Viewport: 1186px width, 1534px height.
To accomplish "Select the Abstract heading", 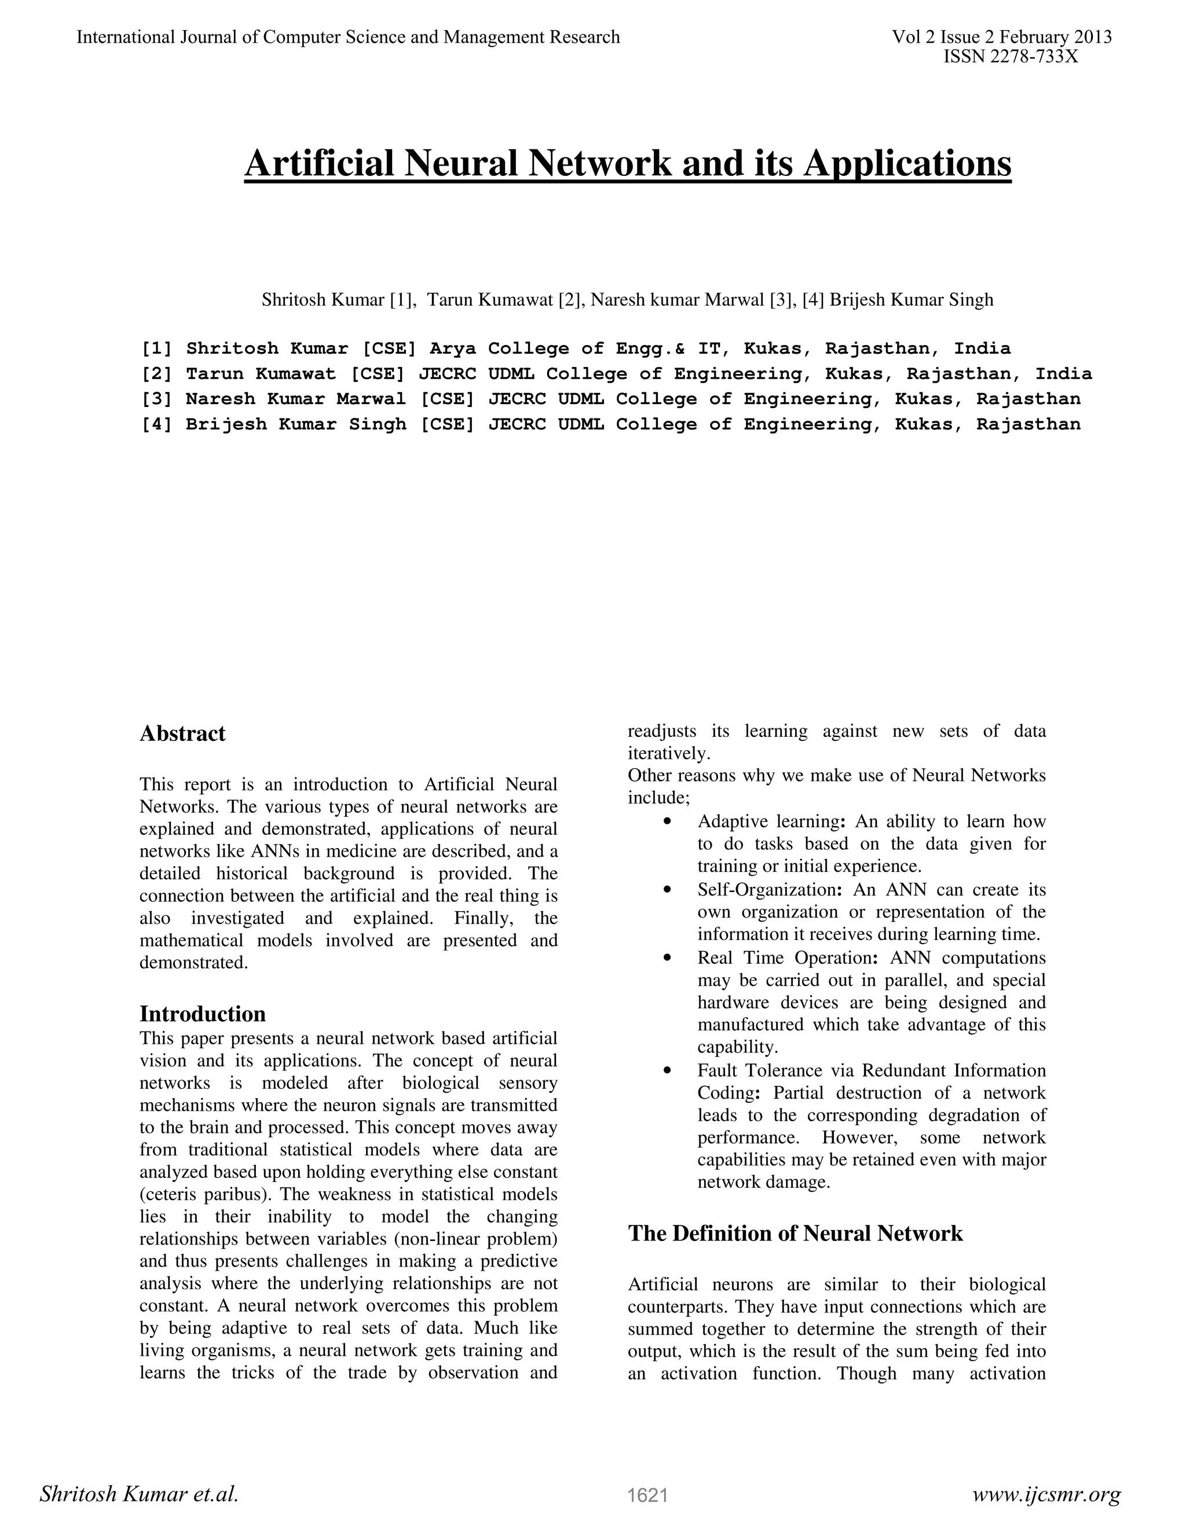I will click(182, 733).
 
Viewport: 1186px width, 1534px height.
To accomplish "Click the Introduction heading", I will click(202, 1014).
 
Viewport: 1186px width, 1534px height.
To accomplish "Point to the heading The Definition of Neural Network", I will click(795, 1232).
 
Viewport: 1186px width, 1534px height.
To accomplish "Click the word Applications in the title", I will click(907, 164).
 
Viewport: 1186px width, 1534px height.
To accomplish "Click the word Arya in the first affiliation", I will click(452, 348).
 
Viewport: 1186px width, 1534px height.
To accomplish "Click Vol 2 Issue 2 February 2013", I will click(1001, 37).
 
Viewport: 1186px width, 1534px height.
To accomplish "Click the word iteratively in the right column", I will click(668, 754).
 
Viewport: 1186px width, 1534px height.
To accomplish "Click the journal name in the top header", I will click(348, 37).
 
